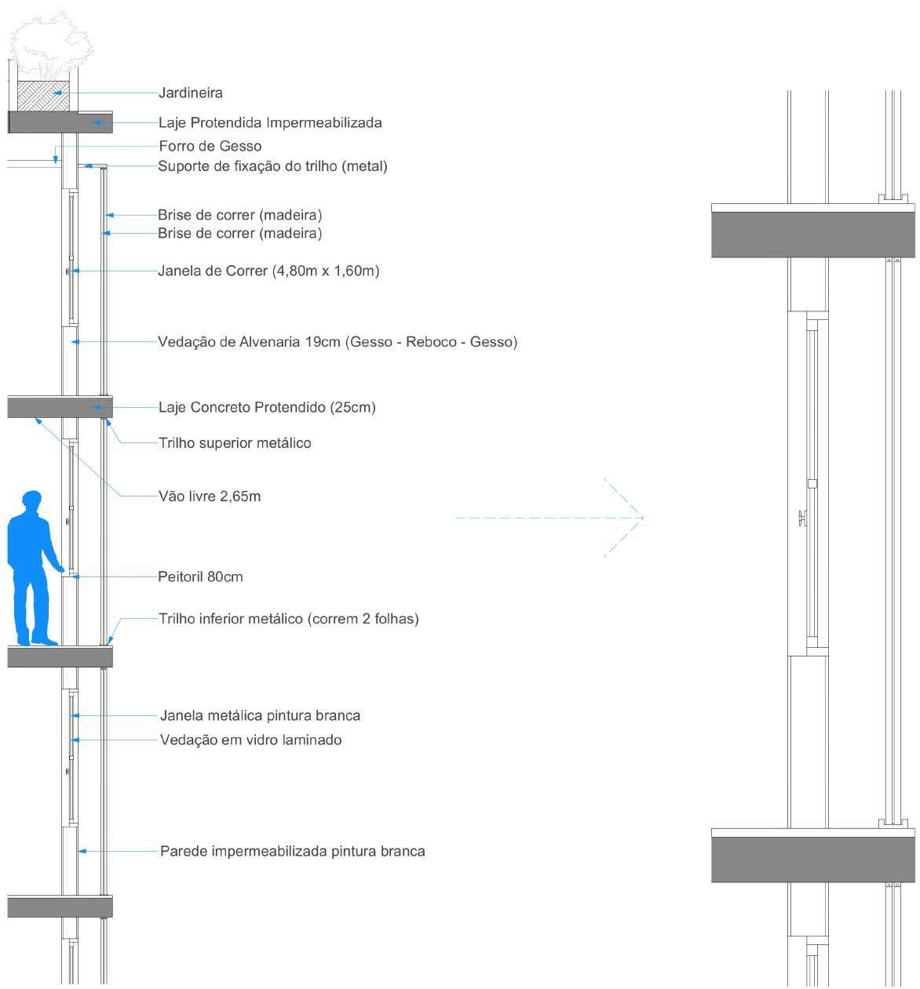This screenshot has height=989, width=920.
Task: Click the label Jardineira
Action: [x=191, y=93]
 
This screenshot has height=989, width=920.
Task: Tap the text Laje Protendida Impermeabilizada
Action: [x=270, y=122]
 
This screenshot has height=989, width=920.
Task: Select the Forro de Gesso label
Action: [x=210, y=146]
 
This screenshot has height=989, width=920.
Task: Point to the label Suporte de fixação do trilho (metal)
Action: [x=272, y=166]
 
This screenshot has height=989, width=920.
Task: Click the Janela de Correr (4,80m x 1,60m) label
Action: [x=268, y=271]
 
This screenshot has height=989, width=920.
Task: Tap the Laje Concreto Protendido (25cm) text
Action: [x=267, y=407]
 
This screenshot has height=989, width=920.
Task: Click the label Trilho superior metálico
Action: [x=235, y=443]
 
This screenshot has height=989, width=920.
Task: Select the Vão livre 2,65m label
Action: [x=210, y=496]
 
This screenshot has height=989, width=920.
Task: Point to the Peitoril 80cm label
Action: [x=200, y=577]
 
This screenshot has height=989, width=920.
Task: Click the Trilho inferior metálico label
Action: [x=288, y=619]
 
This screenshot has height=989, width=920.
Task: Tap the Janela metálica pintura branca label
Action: [x=260, y=715]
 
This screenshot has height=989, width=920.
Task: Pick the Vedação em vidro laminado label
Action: [x=250, y=740]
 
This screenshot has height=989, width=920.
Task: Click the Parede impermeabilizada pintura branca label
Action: [x=292, y=851]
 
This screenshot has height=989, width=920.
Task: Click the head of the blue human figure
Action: [x=31, y=501]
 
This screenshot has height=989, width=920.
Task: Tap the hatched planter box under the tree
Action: [x=43, y=96]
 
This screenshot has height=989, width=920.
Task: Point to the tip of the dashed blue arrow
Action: [x=643, y=518]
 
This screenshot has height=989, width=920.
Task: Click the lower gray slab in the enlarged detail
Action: [x=812, y=860]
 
